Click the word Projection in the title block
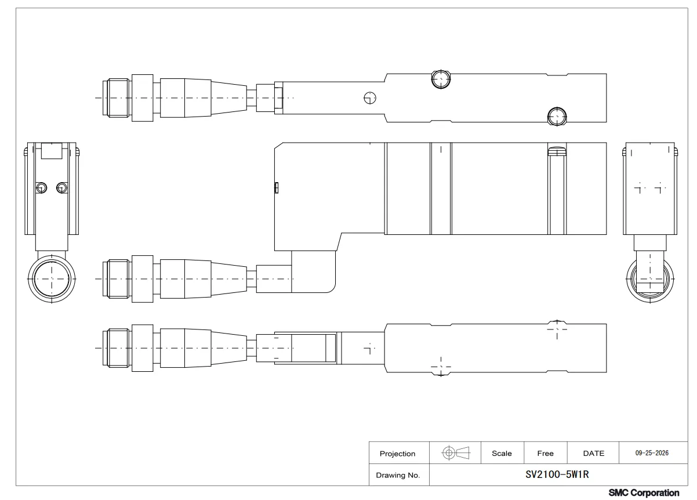pyautogui.click(x=397, y=454)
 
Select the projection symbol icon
pyautogui.click(x=456, y=452)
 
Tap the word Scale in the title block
pyautogui.click(x=502, y=453)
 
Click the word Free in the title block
pyautogui.click(x=545, y=453)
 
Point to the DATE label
pyautogui.click(x=593, y=453)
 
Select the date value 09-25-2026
pyautogui.click(x=652, y=453)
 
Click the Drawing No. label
pyautogui.click(x=398, y=475)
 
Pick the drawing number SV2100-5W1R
pyautogui.click(x=557, y=474)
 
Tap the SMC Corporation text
pyautogui.click(x=644, y=493)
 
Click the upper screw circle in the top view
pyautogui.click(x=441, y=79)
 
